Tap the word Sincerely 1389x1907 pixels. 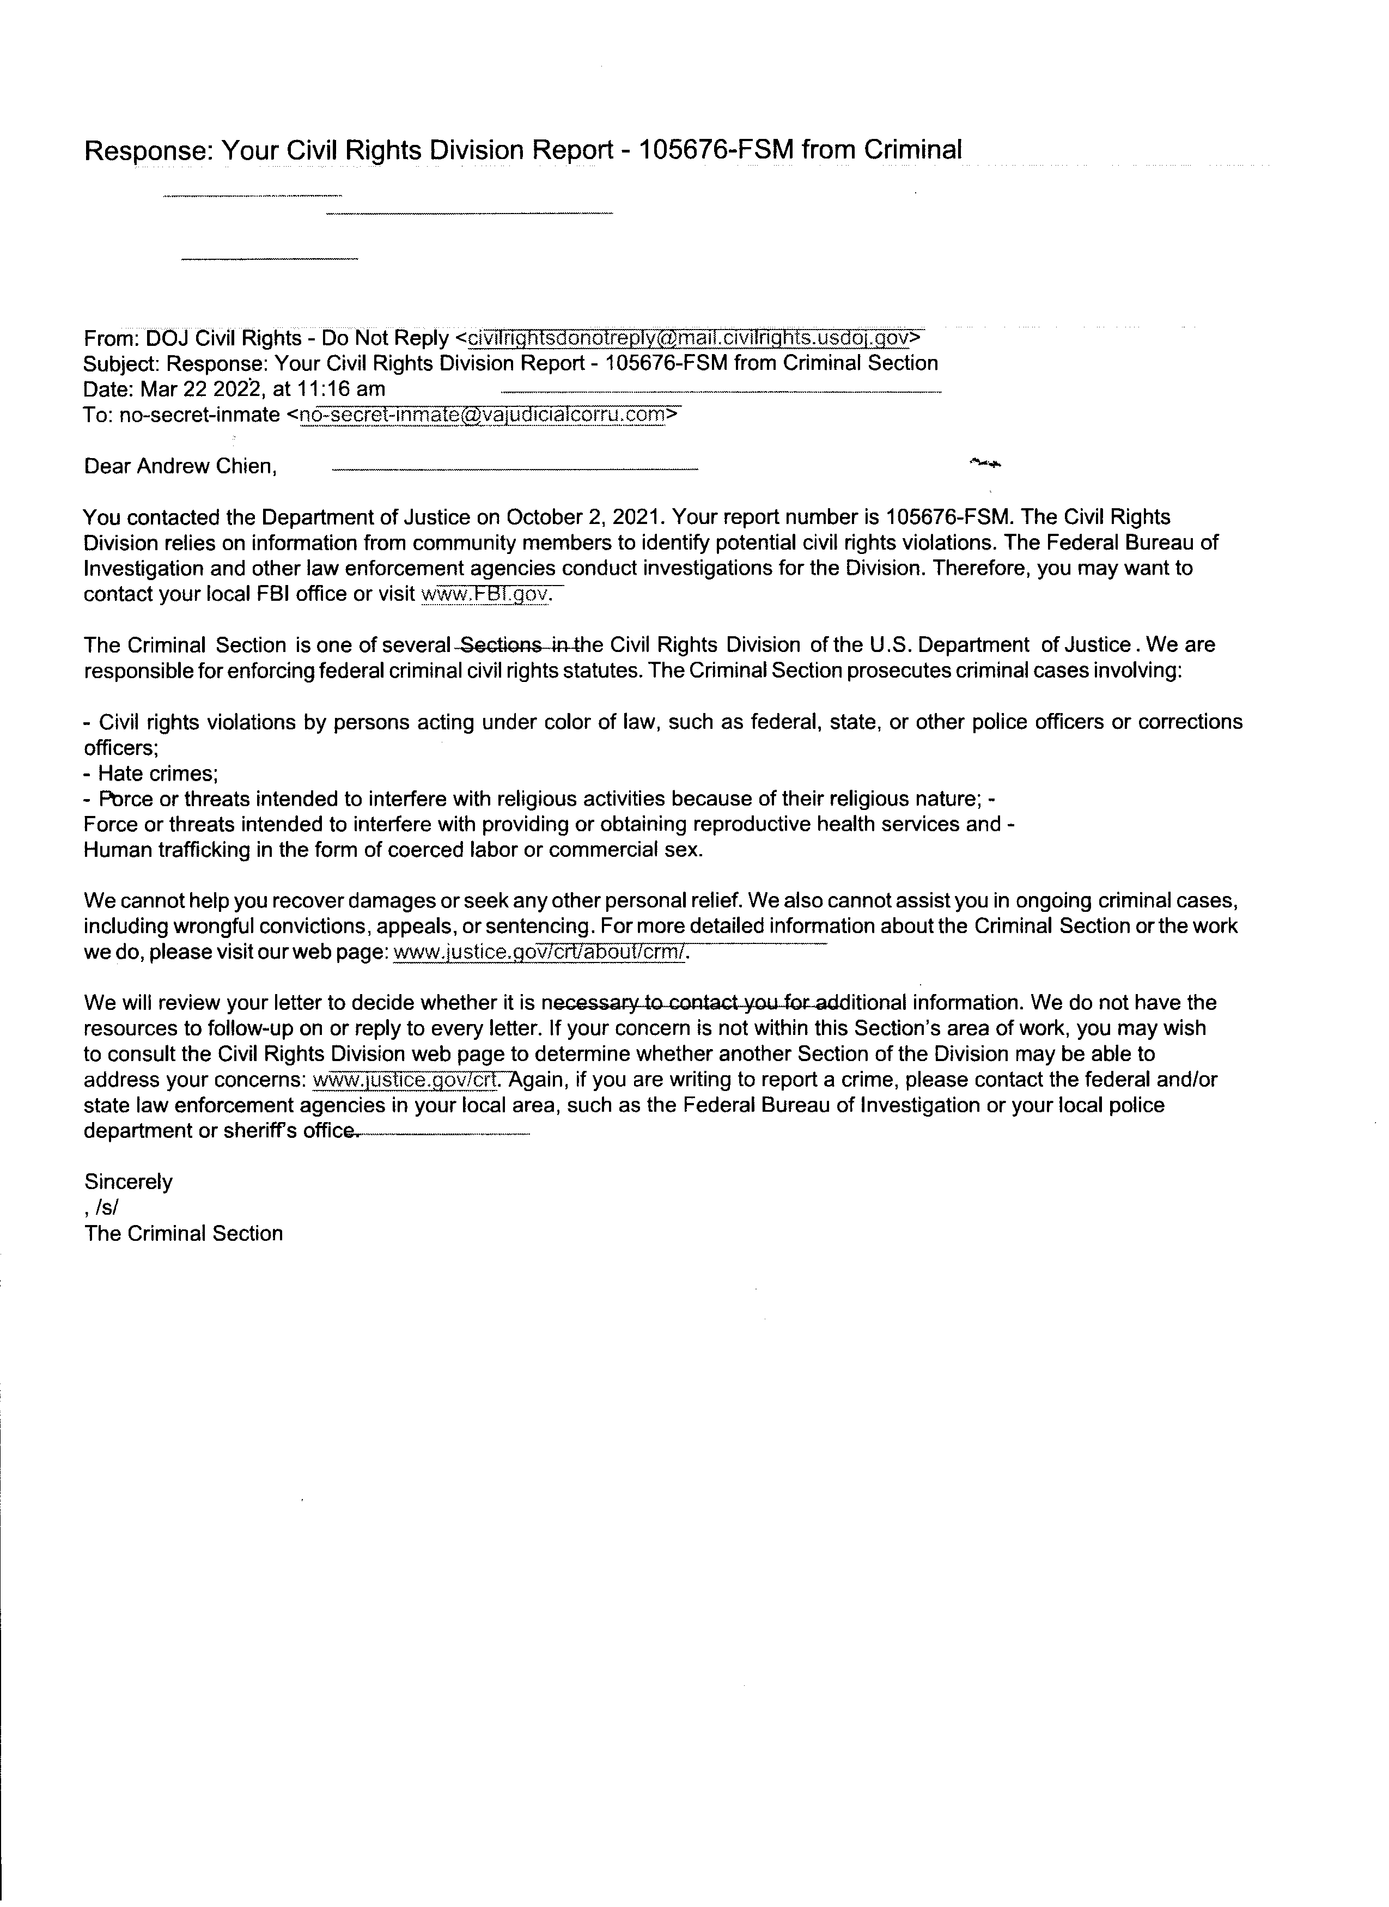129,1181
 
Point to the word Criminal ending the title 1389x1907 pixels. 912,150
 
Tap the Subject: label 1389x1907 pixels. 122,363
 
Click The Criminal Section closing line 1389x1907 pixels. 184,1234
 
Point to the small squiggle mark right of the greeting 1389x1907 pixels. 985,461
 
